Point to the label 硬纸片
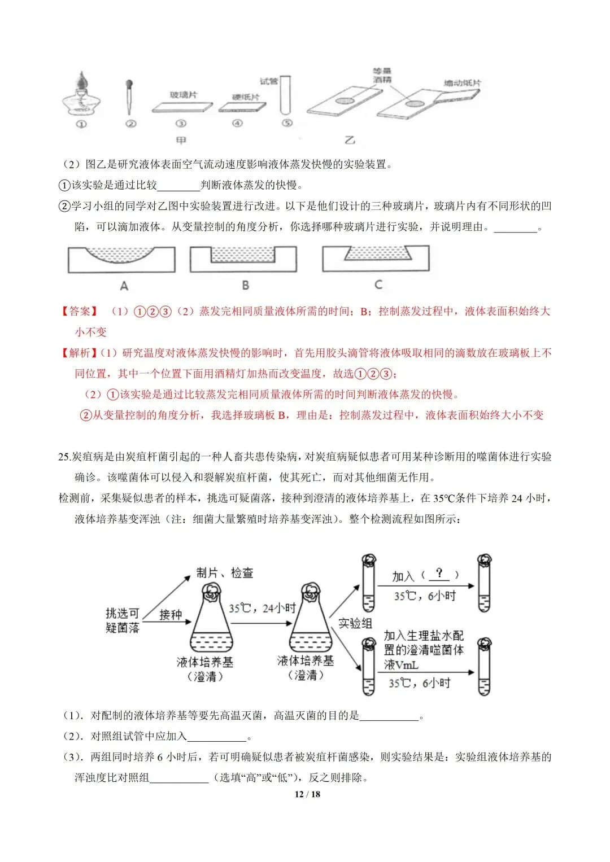point(246,97)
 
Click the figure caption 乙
point(350,140)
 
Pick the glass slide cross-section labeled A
point(121,260)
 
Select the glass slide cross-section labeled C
point(376,259)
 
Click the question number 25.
point(64,457)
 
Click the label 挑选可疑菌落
point(122,620)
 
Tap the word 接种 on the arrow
point(171,614)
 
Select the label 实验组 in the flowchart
point(355,623)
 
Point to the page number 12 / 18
point(307,794)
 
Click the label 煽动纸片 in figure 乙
point(462,83)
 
